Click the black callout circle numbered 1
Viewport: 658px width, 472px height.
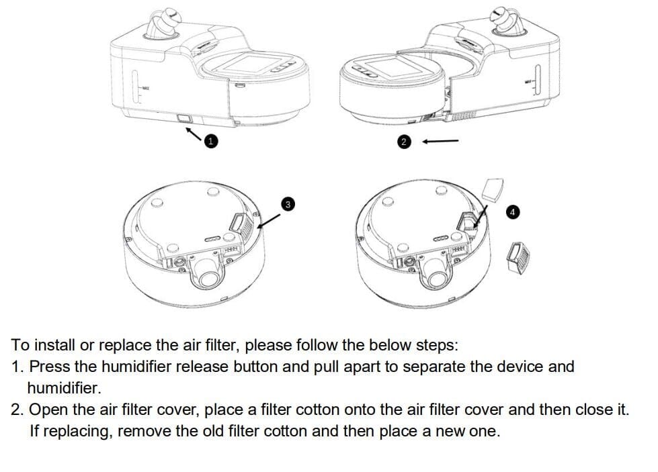coord(210,141)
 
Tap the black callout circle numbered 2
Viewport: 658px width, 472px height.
coord(404,142)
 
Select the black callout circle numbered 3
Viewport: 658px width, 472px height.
coord(288,204)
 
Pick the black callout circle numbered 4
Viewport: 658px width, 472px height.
coord(512,212)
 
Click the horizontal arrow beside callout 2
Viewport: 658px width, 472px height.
coord(440,141)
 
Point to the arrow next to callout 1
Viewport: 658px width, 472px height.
coord(194,134)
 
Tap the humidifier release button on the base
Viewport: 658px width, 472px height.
coord(184,119)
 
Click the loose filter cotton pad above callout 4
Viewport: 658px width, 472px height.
coord(493,189)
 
